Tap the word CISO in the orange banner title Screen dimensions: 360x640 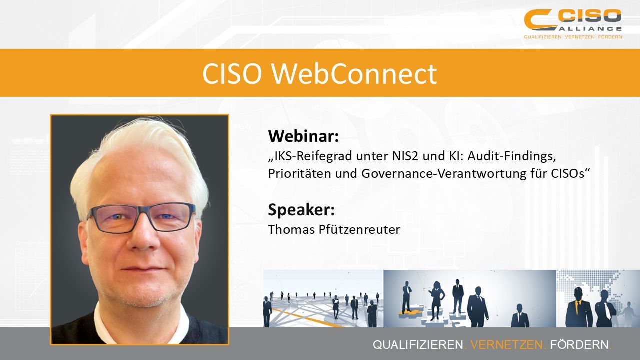[232, 74]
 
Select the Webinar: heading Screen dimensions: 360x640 [303, 136]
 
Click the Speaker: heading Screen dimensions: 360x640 [301, 209]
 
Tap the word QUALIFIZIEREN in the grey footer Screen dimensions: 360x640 [418, 345]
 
